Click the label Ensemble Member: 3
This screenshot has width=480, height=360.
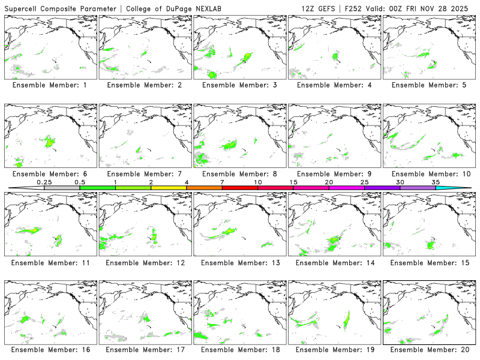239,85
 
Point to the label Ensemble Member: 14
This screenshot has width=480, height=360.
334,262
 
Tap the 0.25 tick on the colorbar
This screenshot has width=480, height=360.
44,188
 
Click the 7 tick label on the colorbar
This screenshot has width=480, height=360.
222,182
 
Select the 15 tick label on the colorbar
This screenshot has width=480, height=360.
293,182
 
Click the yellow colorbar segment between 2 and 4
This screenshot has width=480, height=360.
169,188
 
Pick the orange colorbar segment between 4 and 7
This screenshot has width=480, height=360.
204,188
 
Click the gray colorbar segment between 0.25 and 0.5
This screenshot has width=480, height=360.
62,188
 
